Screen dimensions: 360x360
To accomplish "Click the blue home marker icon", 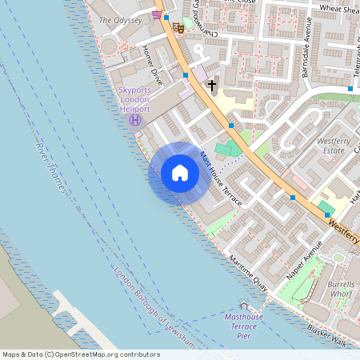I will (180, 173).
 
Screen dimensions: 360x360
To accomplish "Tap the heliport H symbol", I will (134, 120).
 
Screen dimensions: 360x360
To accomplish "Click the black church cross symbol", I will (212, 84).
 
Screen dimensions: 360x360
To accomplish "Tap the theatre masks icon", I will (180, 27).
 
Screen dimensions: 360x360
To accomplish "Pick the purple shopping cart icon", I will (158, 14).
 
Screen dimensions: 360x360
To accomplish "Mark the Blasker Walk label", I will (328, 338).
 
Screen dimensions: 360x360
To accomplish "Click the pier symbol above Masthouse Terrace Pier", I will (243, 306).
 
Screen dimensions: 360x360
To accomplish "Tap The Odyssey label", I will (120, 19).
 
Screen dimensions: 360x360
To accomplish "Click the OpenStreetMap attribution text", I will (81, 354).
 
